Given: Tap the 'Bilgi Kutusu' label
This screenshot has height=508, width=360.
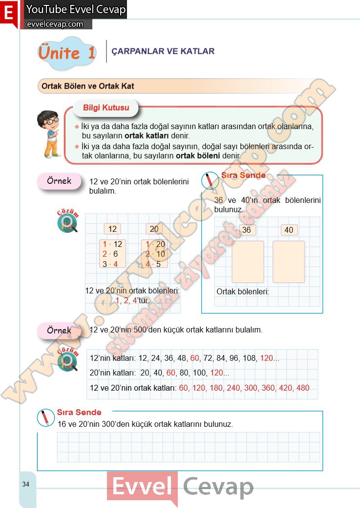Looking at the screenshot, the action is (106, 108).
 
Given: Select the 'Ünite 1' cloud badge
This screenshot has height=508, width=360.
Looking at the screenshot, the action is (67, 53).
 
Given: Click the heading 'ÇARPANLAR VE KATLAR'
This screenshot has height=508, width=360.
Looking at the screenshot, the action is (163, 51).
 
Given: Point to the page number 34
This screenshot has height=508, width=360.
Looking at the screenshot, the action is (25, 484).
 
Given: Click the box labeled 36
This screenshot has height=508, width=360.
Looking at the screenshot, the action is (246, 230).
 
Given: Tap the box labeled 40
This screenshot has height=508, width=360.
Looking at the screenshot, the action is (289, 230).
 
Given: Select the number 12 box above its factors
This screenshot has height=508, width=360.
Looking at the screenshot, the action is (112, 229).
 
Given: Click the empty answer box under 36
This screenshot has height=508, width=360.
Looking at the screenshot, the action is (248, 262).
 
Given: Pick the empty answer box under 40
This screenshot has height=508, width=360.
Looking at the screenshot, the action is (289, 262).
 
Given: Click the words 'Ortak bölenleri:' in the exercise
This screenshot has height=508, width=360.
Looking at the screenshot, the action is (243, 291).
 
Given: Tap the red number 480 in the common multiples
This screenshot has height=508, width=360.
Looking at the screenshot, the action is (303, 388).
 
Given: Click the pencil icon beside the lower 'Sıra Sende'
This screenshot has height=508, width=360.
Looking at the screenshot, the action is (45, 418).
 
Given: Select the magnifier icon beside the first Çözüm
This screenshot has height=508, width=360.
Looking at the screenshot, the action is (68, 223).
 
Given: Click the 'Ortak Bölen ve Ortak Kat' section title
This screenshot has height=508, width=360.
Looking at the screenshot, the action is (88, 86).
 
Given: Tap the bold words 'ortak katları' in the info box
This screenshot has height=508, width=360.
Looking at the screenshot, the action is (147, 136).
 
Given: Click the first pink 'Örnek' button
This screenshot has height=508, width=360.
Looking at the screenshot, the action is (59, 181).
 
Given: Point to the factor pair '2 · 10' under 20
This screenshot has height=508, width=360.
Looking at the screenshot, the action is (155, 254).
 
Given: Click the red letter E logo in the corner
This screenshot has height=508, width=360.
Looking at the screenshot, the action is (9, 13).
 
